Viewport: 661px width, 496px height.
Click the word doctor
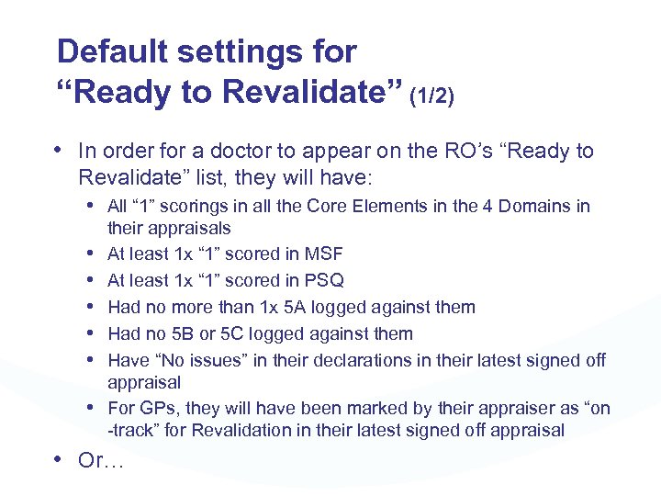(x=227, y=151)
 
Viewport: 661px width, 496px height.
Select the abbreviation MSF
(x=323, y=254)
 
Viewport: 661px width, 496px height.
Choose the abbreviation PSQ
(x=323, y=280)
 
